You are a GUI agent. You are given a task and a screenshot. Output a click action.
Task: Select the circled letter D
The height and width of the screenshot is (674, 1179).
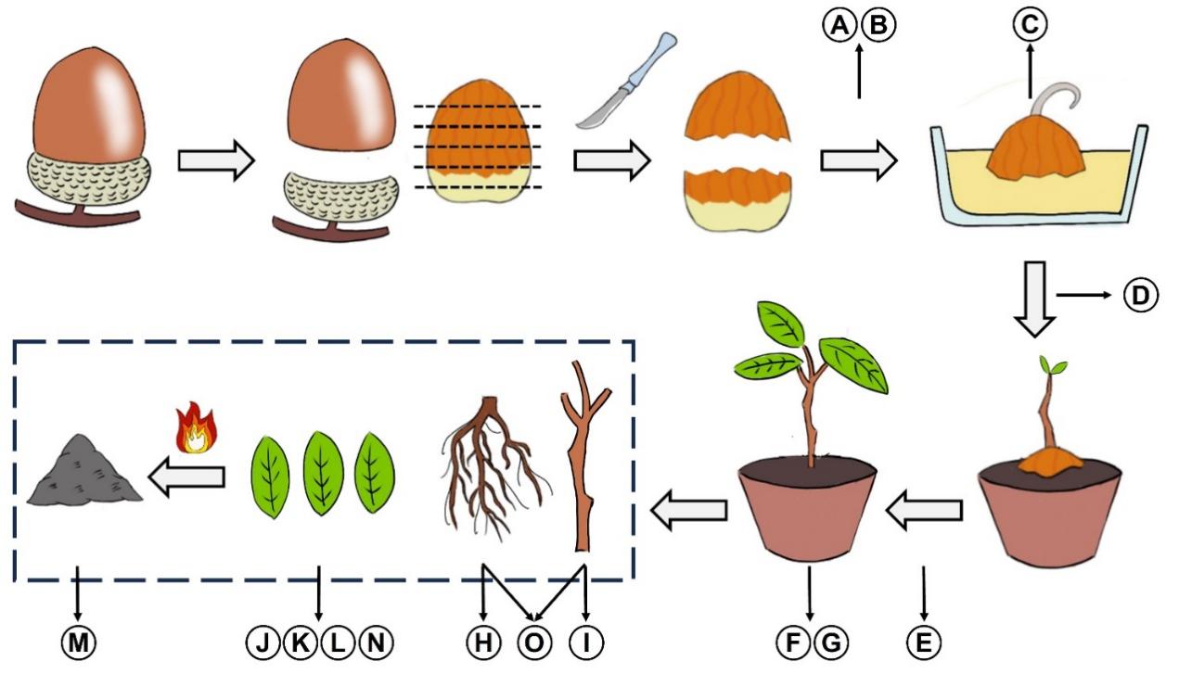coord(1140,296)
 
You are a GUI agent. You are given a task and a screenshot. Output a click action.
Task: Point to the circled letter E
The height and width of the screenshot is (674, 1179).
coord(924,641)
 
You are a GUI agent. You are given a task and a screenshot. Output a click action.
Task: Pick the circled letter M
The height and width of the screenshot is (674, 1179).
coord(77,641)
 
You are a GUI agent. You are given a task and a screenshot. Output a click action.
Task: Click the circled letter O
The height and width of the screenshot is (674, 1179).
coord(534,641)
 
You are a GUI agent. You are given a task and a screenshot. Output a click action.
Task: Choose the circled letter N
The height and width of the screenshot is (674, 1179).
coord(374,641)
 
